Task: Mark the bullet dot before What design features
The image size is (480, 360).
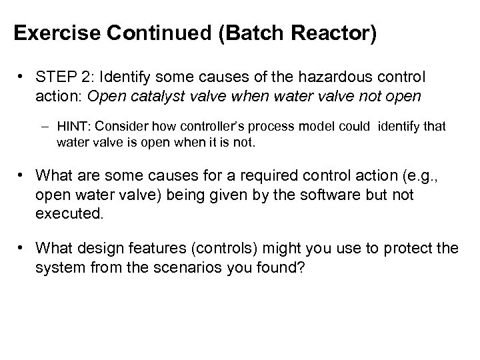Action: [23, 249]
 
